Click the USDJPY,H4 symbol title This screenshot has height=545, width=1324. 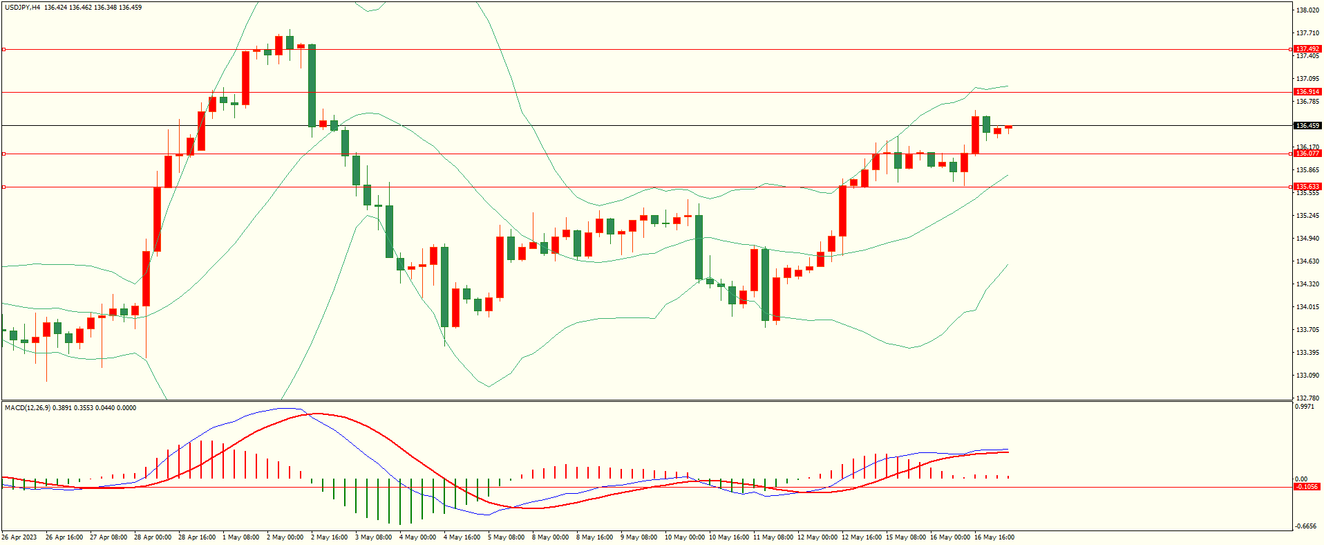click(22, 8)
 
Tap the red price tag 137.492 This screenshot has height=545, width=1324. click(1307, 49)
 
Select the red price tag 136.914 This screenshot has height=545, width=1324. click(1307, 92)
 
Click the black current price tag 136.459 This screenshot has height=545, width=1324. click(1307, 126)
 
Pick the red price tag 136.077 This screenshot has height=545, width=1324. click(1307, 154)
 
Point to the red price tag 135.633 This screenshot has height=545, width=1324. click(1307, 187)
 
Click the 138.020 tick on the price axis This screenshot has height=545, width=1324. click(1307, 10)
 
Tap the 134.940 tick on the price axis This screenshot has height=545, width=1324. click(1307, 239)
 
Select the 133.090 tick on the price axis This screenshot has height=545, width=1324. click(1307, 376)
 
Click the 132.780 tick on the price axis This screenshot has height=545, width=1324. click(1307, 398)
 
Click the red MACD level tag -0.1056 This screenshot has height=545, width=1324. click(1307, 487)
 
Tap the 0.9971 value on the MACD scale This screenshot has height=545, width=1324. click(1305, 407)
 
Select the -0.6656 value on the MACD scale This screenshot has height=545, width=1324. click(1306, 526)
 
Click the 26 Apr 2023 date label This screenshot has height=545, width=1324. click(19, 537)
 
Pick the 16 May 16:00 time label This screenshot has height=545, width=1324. click(994, 537)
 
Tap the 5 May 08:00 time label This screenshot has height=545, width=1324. click(507, 537)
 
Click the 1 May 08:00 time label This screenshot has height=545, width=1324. click(241, 537)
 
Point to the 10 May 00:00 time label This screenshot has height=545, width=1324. click(685, 537)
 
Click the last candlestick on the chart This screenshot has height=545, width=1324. click(1008, 127)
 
